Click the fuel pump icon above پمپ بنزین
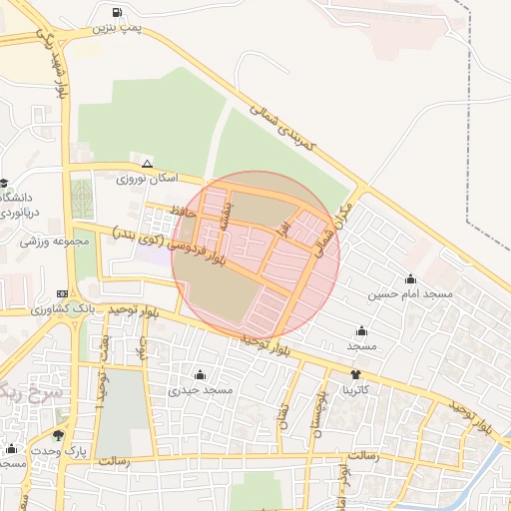point(119,13)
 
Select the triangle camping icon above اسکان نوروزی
point(148,163)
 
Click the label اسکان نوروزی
point(148,179)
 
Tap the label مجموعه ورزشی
point(54,242)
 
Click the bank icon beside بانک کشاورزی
point(63,294)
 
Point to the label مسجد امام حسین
point(410,294)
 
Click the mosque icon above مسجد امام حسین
point(410,278)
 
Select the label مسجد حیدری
point(201,390)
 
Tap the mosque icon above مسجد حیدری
point(201,374)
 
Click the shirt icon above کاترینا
point(355,375)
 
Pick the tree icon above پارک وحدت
point(58,435)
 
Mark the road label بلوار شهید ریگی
point(56,60)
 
